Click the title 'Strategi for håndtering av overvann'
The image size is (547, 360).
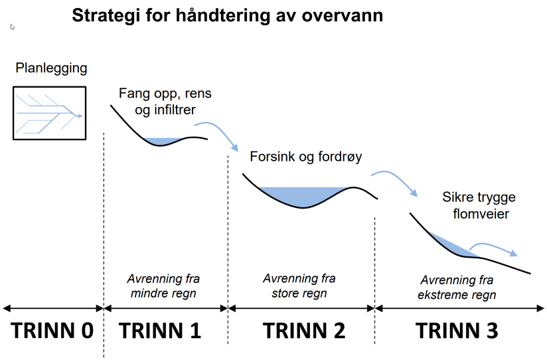[228, 16]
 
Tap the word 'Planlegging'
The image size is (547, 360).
[51, 68]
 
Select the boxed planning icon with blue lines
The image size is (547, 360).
[50, 113]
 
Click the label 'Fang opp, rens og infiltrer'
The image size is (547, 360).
[165, 101]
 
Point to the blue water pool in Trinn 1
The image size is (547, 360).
[162, 141]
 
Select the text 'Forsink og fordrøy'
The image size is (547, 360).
[306, 157]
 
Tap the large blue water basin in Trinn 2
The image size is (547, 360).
[303, 196]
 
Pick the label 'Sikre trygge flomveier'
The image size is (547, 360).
[479, 205]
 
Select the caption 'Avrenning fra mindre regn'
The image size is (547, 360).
[163, 286]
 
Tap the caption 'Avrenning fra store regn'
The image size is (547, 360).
[299, 286]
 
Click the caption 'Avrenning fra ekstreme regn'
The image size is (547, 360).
[457, 288]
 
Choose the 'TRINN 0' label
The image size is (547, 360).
[52, 330]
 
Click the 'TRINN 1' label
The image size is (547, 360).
[160, 330]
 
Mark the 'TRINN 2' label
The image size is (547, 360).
[304, 330]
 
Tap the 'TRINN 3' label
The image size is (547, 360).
[457, 330]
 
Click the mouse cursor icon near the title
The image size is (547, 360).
[13, 27]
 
